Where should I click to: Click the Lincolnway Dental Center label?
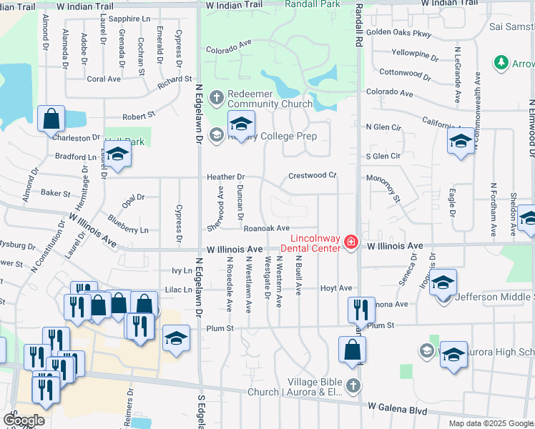tap(314, 243)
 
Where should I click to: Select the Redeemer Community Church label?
tap(262, 102)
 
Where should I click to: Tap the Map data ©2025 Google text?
tap(490, 423)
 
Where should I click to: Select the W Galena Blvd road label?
tap(398, 410)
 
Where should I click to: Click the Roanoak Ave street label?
tap(265, 228)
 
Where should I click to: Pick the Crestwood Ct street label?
tap(312, 175)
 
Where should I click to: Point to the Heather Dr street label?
tap(225, 177)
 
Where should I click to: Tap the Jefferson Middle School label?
tap(494, 297)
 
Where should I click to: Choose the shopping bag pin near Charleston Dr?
tap(51, 119)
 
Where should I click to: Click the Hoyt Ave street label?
tap(336, 288)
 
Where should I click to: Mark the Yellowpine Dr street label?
tap(415, 52)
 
